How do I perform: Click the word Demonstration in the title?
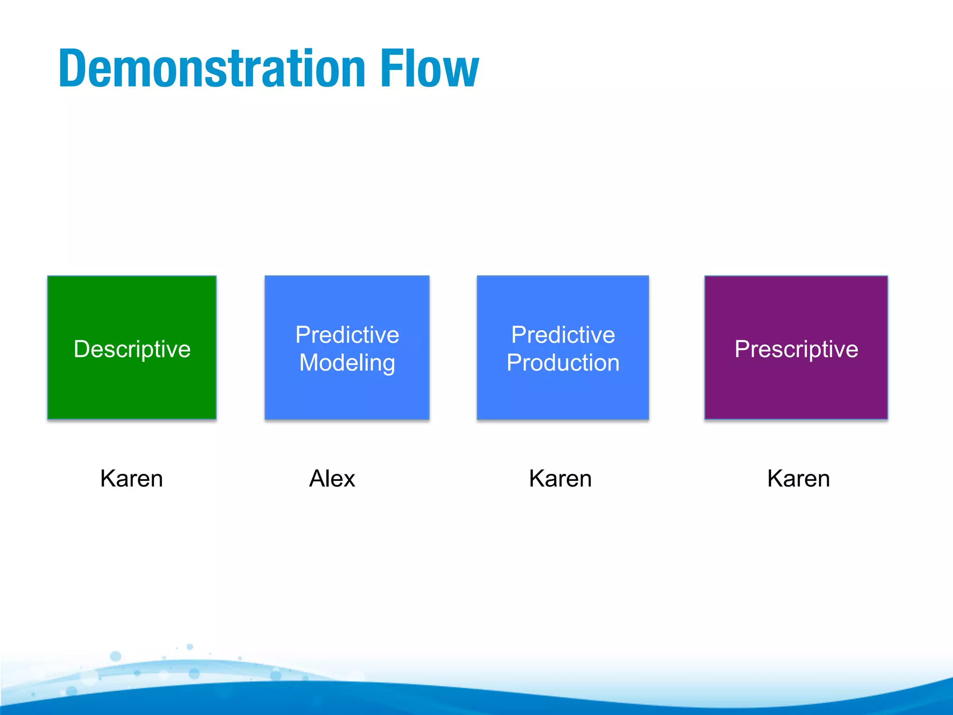[212, 68]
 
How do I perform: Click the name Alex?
[332, 479]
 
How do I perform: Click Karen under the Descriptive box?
[132, 479]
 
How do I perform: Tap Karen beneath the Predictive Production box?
[560, 479]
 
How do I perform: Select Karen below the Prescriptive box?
[799, 479]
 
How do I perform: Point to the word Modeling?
[347, 363]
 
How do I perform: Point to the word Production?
[563, 363]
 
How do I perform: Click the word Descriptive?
[132, 349]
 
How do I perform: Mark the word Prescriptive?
[796, 349]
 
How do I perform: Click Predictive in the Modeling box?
[347, 335]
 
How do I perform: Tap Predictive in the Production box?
[563, 335]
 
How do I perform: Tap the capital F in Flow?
[390, 68]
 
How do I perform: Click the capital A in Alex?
[318, 479]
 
